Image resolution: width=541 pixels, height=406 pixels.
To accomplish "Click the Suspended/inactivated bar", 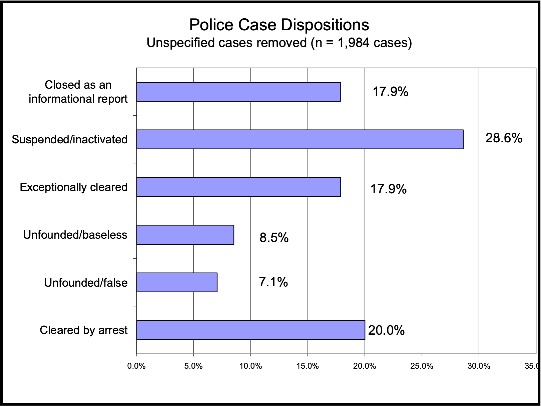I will (x=300, y=139).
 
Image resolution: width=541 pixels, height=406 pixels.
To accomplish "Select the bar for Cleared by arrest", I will (x=250, y=330).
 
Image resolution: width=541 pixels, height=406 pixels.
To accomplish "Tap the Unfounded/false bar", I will (x=177, y=282).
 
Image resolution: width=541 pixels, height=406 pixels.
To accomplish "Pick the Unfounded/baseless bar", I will (x=185, y=235).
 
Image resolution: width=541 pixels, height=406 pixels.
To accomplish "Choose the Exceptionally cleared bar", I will (x=238, y=187).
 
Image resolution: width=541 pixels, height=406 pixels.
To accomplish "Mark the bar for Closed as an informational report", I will (x=238, y=92).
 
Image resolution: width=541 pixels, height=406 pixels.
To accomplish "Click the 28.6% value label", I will (x=504, y=138).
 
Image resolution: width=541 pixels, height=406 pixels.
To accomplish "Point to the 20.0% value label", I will (x=386, y=330).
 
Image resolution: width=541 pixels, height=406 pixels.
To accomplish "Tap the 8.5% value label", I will (x=274, y=238).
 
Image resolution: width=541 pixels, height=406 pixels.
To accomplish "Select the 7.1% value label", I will (x=273, y=282).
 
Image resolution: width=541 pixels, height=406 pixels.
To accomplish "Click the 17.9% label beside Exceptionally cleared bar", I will (x=388, y=189).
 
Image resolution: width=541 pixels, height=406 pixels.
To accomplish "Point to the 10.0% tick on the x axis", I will (x=250, y=366).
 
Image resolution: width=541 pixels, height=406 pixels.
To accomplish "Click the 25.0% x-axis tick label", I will (x=422, y=366).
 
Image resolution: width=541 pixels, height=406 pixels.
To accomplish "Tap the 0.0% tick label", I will (x=136, y=366).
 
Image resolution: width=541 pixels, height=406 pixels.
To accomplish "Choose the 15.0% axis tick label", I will (x=308, y=366).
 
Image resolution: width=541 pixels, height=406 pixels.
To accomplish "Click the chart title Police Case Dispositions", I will (x=279, y=25).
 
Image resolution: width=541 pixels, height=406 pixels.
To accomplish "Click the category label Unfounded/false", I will (x=86, y=283).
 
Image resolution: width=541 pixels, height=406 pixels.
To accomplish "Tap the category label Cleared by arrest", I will (x=83, y=330).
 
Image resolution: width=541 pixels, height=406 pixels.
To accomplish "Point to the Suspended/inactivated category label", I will (x=69, y=139).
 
